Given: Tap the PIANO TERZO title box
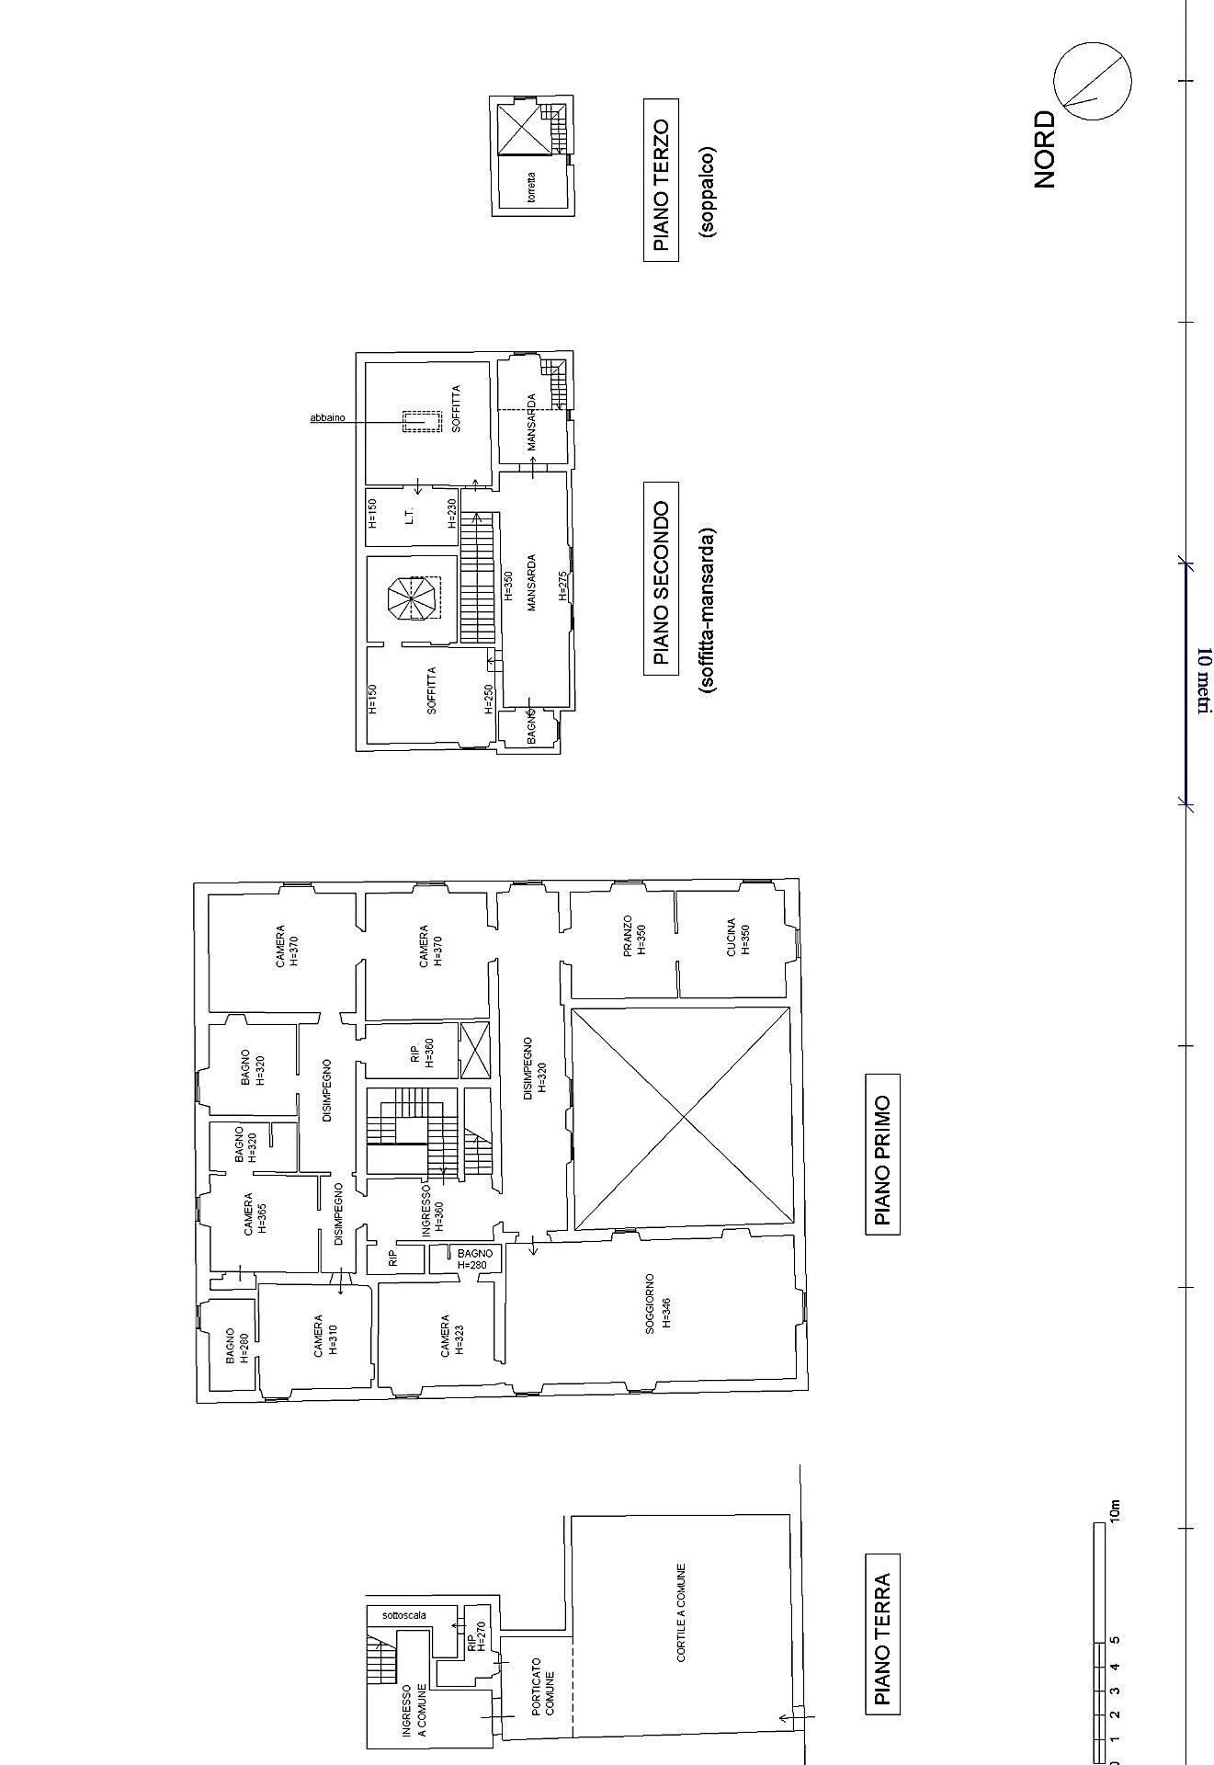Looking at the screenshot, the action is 661,186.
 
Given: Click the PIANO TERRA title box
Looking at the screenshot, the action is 883,1632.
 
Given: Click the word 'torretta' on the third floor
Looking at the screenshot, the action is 531,188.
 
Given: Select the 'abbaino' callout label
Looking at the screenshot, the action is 327,418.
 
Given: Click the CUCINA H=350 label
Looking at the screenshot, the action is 738,938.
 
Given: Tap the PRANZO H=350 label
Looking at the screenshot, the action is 634,936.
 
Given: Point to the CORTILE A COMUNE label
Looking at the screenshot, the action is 681,1612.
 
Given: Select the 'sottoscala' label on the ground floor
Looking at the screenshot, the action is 404,1614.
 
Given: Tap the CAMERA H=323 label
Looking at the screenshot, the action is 451,1336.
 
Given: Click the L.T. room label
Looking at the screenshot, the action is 410,517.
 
